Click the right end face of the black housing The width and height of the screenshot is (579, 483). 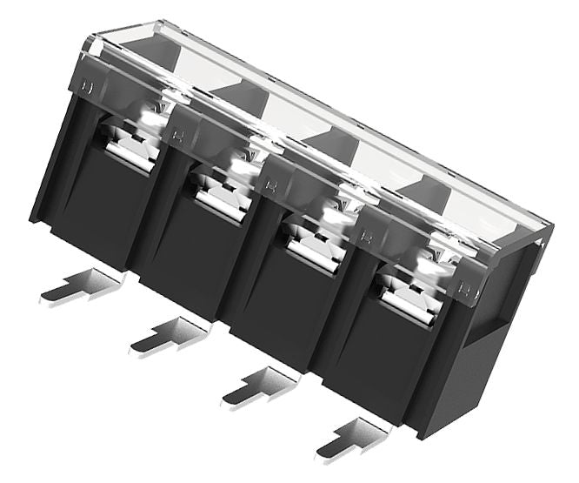pyautogui.click(x=496, y=348)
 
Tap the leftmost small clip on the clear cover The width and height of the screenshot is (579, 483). pyautogui.click(x=86, y=87)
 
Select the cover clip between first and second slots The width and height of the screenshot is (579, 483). pyautogui.click(x=178, y=136)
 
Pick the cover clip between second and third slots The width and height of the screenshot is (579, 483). pyautogui.click(x=271, y=185)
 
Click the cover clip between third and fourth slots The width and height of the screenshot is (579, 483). pyautogui.click(x=366, y=236)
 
